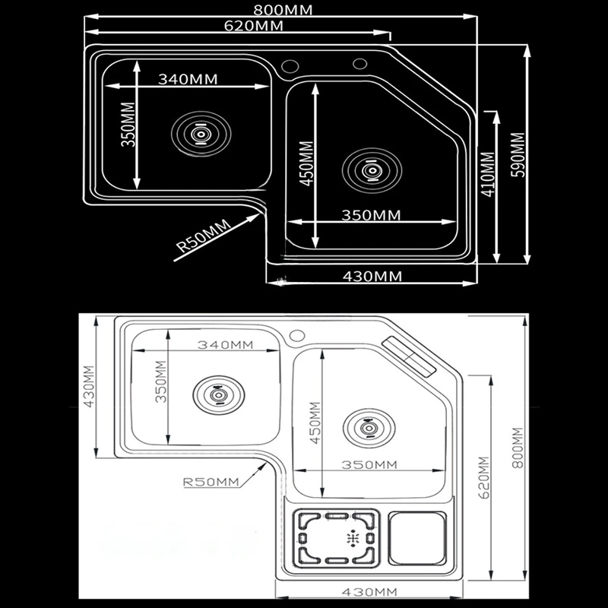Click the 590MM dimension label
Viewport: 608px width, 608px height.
(x=518, y=154)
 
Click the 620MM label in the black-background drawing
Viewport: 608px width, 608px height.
(x=254, y=26)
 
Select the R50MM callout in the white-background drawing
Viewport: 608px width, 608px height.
(x=211, y=482)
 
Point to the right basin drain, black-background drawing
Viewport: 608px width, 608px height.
(x=372, y=170)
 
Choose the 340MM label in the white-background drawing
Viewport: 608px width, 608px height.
(x=224, y=344)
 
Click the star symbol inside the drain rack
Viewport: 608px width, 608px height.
(x=352, y=538)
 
